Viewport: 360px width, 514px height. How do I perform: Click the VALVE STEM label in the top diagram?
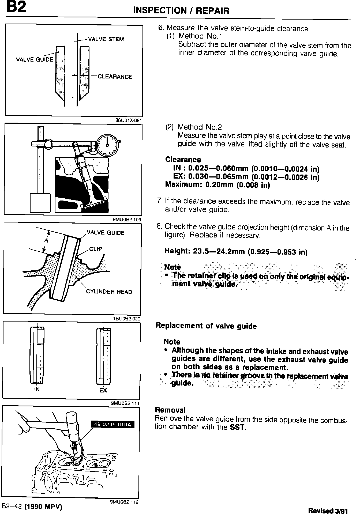(x=106, y=39)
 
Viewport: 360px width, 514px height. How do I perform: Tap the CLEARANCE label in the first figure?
(x=115, y=77)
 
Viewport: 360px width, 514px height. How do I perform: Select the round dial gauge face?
(x=107, y=145)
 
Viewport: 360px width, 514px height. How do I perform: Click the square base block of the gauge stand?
(x=40, y=203)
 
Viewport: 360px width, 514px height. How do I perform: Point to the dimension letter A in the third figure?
(x=46, y=240)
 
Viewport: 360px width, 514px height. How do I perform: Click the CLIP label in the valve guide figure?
(x=96, y=249)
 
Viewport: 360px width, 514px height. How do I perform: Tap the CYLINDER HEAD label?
(x=109, y=292)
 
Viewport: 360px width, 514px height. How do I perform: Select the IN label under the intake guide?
(x=37, y=390)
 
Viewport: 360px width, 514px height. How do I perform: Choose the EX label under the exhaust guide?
(x=103, y=391)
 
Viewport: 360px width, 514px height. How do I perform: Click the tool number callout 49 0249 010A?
(x=112, y=425)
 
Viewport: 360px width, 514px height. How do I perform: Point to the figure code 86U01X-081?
(x=128, y=120)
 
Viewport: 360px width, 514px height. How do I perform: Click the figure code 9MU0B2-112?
(x=124, y=502)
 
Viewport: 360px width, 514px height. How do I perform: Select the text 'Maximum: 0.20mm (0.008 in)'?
(x=217, y=185)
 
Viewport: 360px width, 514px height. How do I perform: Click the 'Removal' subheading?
(x=170, y=410)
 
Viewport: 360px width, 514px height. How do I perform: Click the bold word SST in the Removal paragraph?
(x=237, y=427)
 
